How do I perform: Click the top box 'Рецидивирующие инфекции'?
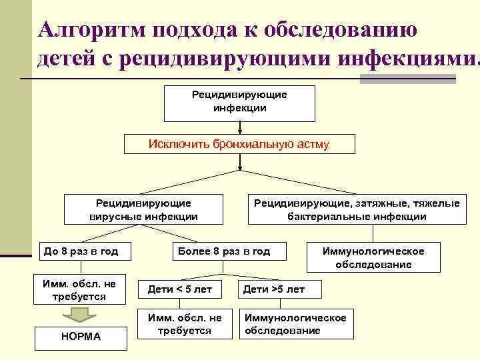(x=240, y=102)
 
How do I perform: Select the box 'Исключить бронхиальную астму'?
(x=239, y=144)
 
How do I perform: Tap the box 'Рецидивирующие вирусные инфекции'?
(x=143, y=209)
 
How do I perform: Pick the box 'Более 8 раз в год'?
(x=223, y=251)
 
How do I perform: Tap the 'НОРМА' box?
(x=81, y=337)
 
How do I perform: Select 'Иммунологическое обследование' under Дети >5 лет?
(x=296, y=324)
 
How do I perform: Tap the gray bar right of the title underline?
(x=417, y=79)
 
